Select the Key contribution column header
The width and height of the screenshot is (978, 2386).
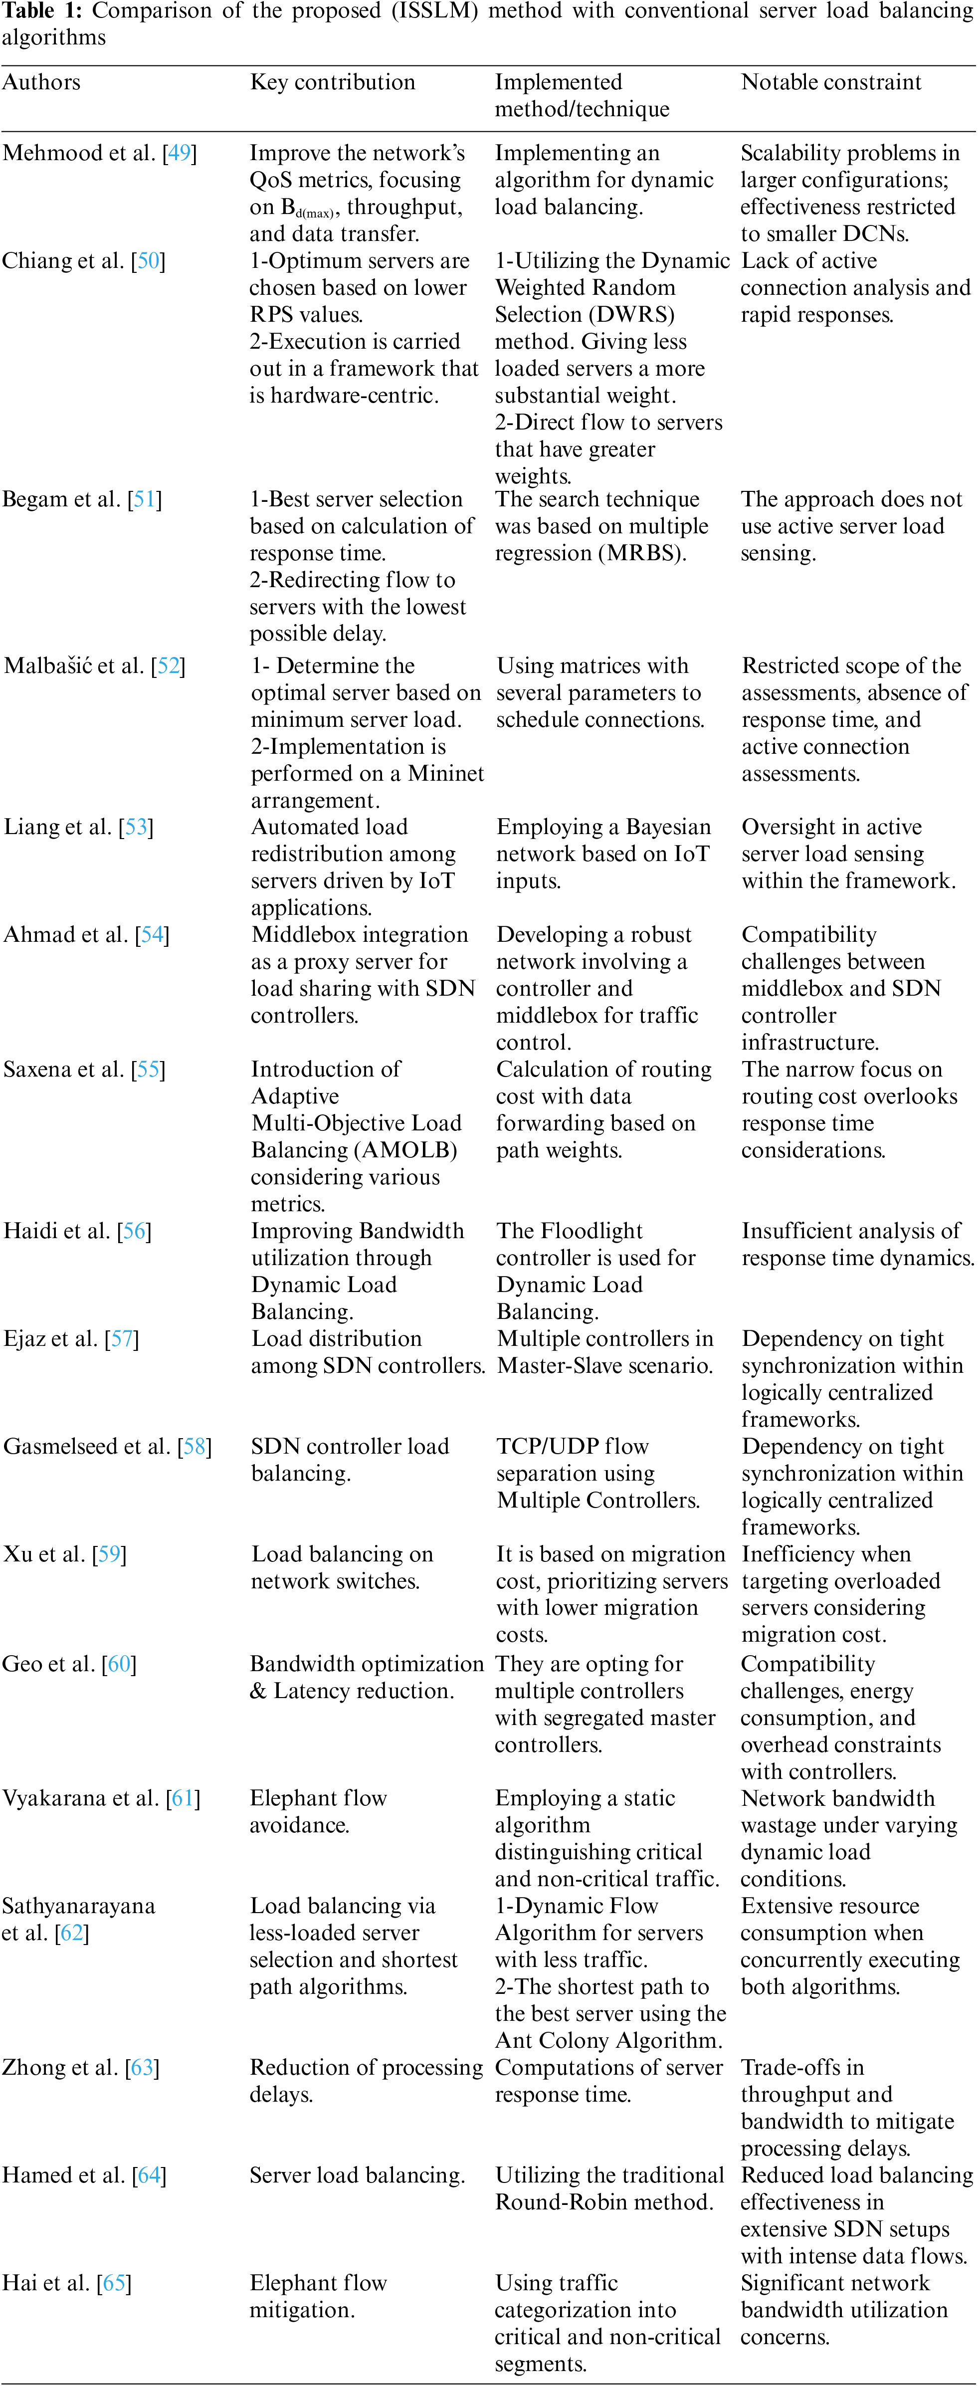(x=333, y=82)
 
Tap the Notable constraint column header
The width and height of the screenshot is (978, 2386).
(x=831, y=82)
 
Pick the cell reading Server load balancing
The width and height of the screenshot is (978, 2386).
(x=357, y=2176)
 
